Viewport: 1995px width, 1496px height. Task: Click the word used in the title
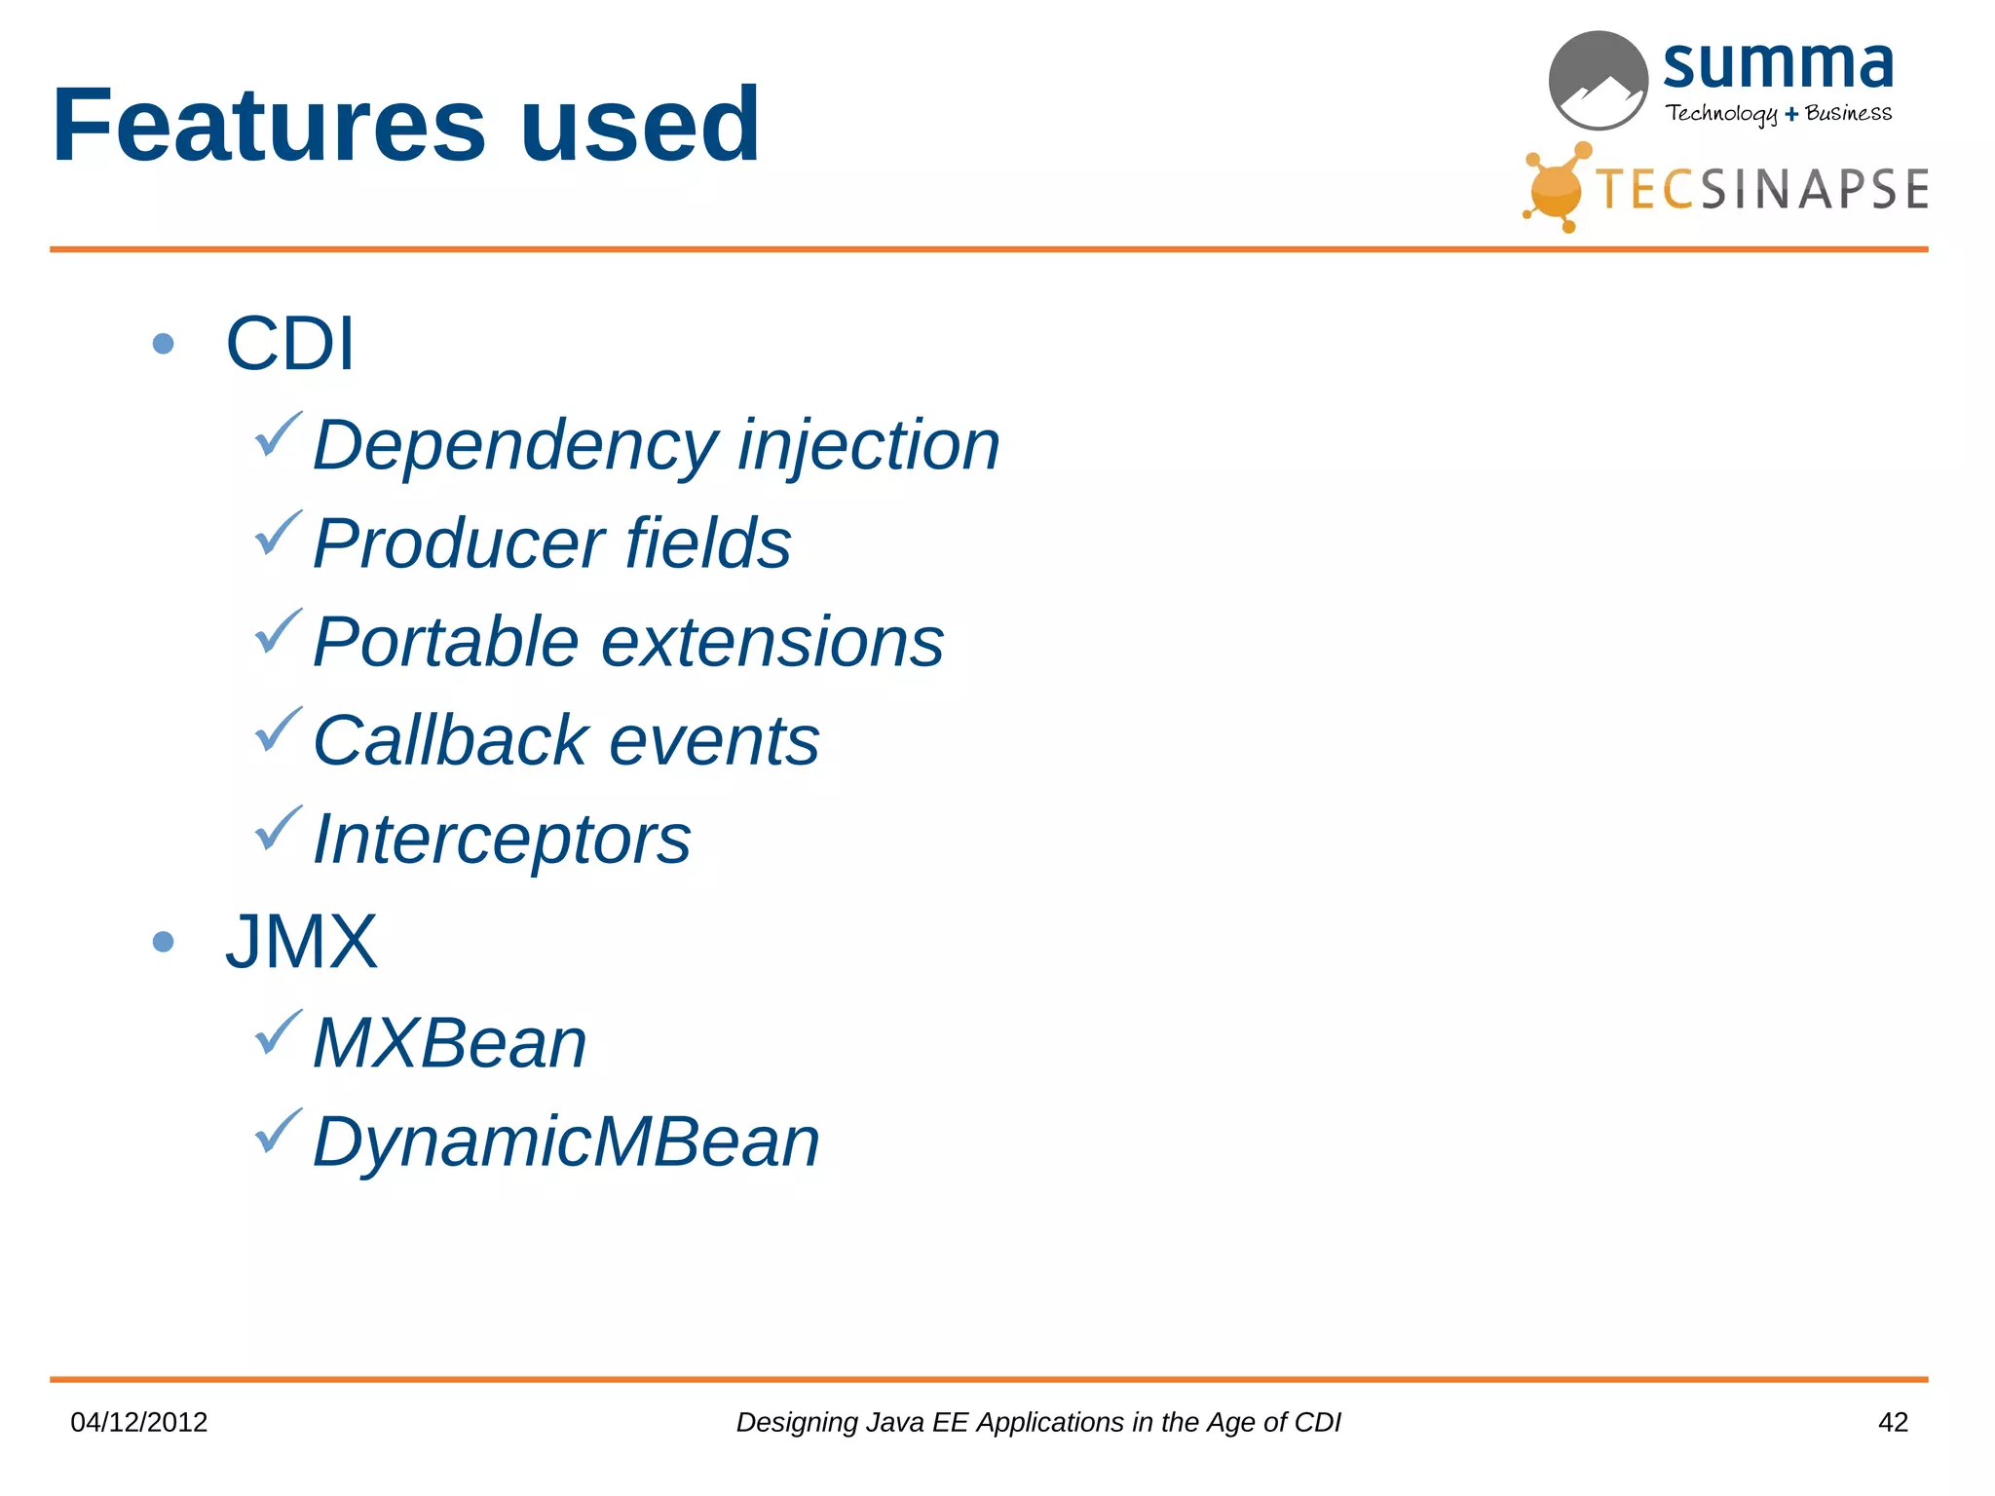click(x=640, y=126)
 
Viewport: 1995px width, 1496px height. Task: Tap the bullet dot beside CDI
click(x=164, y=344)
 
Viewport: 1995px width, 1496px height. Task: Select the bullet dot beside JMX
click(x=164, y=941)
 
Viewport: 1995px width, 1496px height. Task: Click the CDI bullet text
click(x=290, y=344)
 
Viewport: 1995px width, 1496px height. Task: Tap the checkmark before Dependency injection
click(x=278, y=435)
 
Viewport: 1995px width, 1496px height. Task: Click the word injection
click(x=868, y=445)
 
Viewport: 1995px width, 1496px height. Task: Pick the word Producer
click(x=457, y=543)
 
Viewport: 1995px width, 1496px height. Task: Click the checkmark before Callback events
click(x=278, y=730)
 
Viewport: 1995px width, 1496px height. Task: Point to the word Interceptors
click(x=502, y=840)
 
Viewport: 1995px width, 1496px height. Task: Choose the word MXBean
click(x=450, y=1043)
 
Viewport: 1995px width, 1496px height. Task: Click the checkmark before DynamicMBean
click(x=278, y=1132)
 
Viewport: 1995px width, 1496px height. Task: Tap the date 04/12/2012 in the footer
click(x=139, y=1422)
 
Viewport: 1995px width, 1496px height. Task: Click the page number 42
click(x=1892, y=1422)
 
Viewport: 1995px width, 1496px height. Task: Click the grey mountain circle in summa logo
click(x=1598, y=81)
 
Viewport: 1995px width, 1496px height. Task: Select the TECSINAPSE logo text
click(x=1761, y=189)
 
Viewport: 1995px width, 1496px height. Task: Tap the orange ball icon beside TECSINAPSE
click(x=1556, y=191)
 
